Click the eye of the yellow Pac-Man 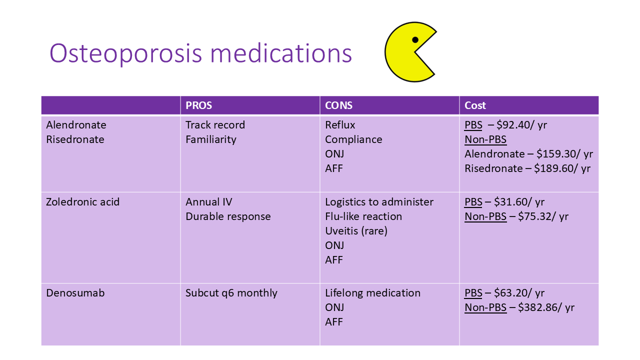tap(415, 40)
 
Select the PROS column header tap(199, 105)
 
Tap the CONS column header tap(338, 105)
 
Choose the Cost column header tap(475, 105)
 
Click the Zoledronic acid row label tap(82, 202)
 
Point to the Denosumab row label tap(75, 293)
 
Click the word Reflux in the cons tap(340, 125)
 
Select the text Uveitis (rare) tap(356, 231)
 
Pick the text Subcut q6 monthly tap(231, 293)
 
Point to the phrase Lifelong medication tap(372, 293)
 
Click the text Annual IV tap(208, 202)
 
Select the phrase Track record tap(215, 125)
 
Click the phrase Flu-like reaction tap(363, 216)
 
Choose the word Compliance tap(353, 139)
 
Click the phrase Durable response tap(228, 216)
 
